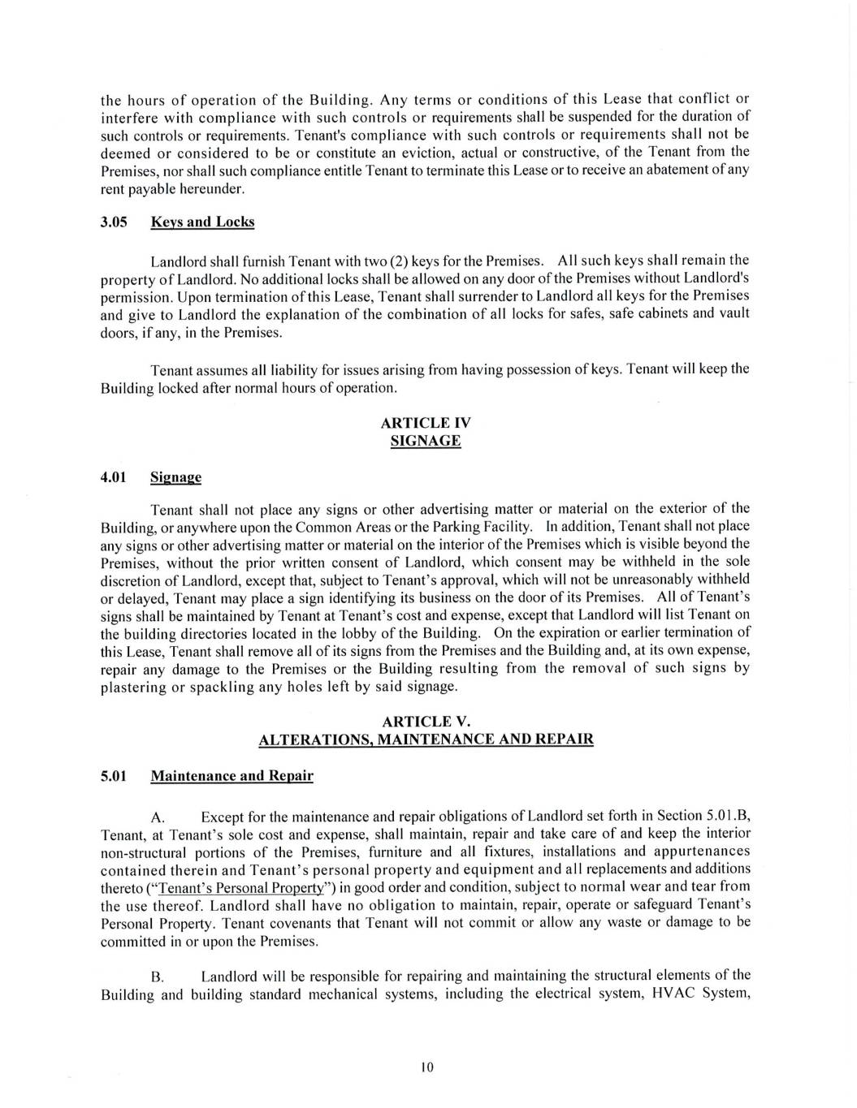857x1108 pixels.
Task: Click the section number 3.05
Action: [x=115, y=222]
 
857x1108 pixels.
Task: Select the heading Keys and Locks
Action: [x=202, y=222]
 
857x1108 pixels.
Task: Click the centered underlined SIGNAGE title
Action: [x=426, y=442]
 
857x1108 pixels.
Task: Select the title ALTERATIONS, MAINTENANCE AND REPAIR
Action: [x=426, y=739]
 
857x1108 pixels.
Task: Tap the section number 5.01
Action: [x=115, y=776]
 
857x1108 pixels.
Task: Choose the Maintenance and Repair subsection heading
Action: [x=232, y=776]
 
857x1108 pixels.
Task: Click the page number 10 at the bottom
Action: [x=428, y=1067]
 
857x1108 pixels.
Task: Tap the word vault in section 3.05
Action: [x=731, y=314]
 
